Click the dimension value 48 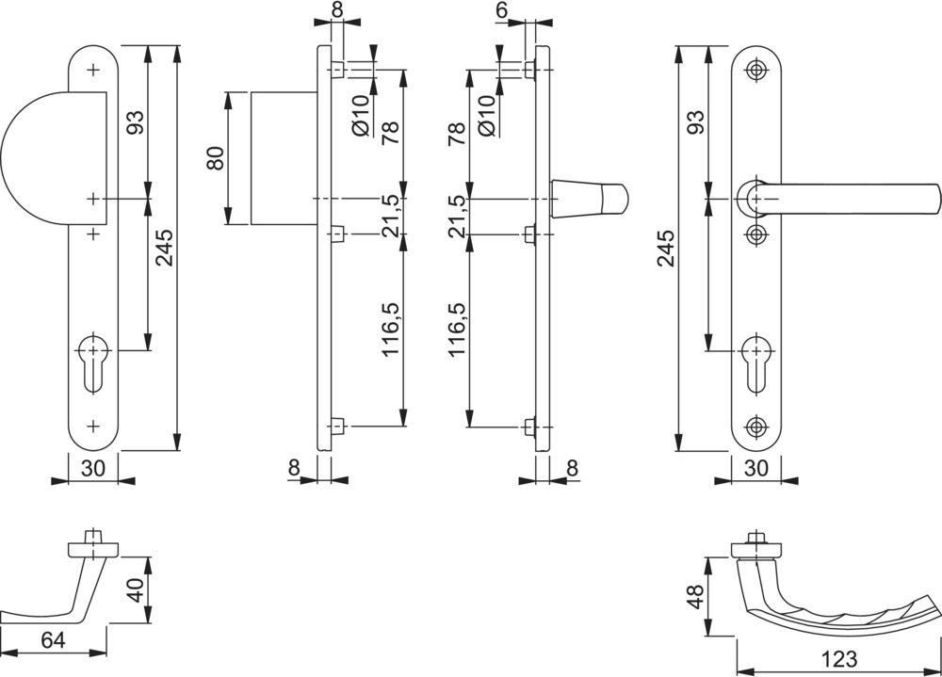point(696,596)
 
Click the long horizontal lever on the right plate point(848,198)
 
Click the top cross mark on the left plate point(92,70)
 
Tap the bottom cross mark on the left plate point(92,426)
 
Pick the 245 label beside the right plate point(665,248)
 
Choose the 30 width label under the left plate point(92,468)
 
